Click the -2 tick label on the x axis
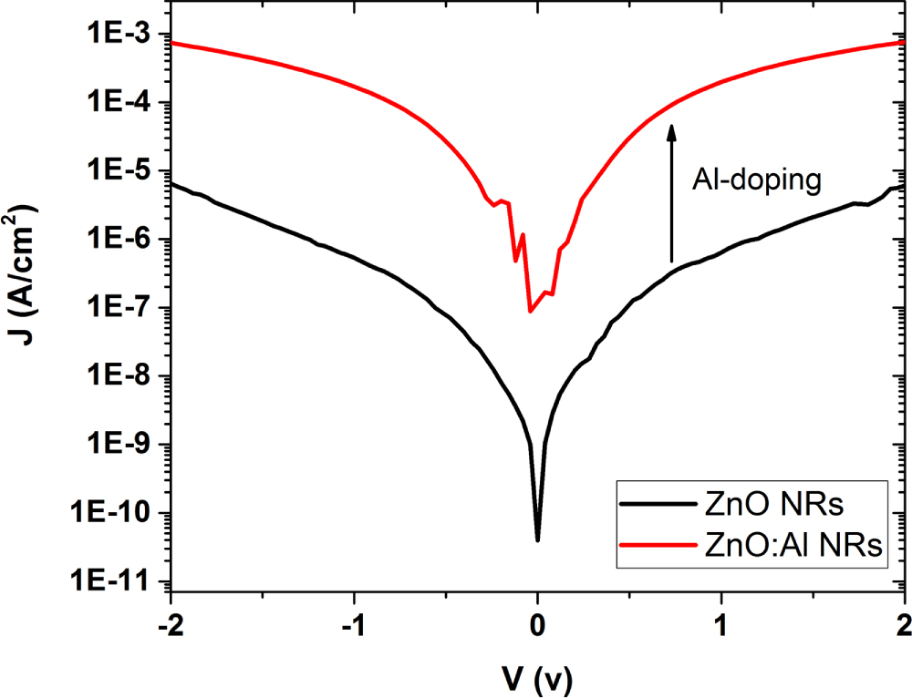170,623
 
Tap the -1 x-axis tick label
353,623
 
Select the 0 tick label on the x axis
538,623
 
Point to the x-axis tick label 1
721,623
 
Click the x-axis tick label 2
904,623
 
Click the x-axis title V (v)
538,676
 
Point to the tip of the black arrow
671,126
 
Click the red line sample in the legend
654,546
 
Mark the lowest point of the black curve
538,540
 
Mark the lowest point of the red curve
530,312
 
